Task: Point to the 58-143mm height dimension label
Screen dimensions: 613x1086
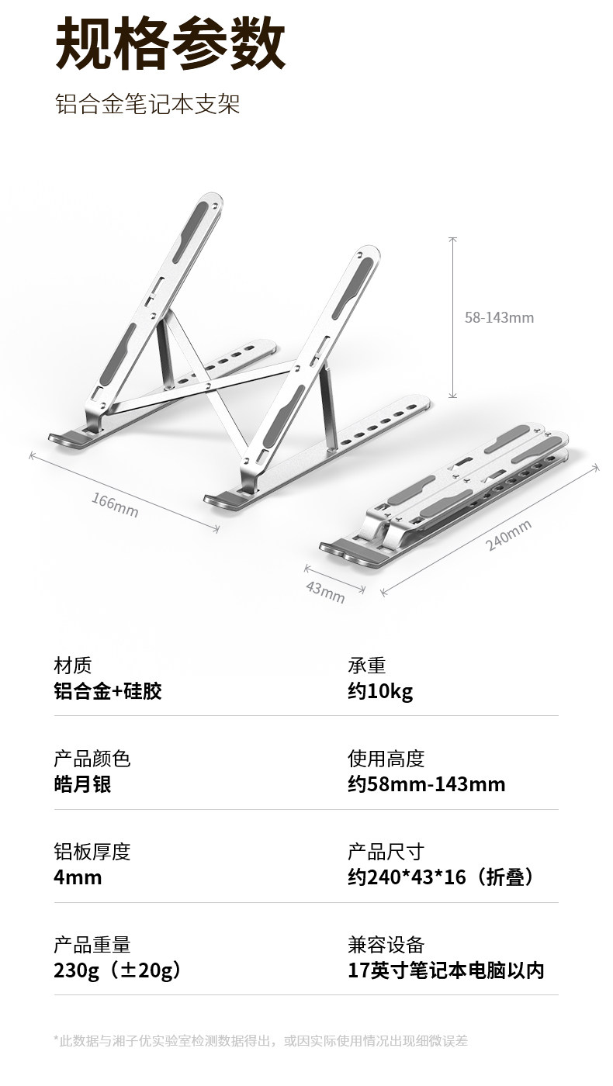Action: pyautogui.click(x=499, y=317)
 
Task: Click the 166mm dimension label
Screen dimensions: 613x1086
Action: pyautogui.click(x=115, y=505)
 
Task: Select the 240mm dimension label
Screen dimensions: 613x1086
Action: pyautogui.click(x=509, y=536)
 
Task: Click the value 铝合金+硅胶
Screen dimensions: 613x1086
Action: pyautogui.click(x=108, y=691)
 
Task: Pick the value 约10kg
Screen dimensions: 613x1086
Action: pyautogui.click(x=380, y=691)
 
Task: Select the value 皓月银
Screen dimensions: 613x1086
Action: pyautogui.click(x=82, y=783)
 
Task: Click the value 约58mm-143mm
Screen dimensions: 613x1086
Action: pyautogui.click(x=427, y=783)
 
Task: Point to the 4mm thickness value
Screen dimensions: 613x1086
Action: pyautogui.click(x=78, y=877)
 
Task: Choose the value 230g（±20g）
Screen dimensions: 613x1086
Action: pyautogui.click(x=118, y=970)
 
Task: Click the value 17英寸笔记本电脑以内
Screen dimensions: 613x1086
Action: pyautogui.click(x=446, y=970)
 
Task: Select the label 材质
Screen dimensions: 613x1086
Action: pyautogui.click(x=73, y=666)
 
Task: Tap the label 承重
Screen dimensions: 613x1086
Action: pyautogui.click(x=367, y=666)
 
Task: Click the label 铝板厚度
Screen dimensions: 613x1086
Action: pyautogui.click(x=92, y=852)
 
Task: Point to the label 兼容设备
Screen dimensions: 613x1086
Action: pyautogui.click(x=386, y=945)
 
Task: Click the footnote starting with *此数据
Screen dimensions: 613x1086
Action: pyautogui.click(x=261, y=1040)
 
